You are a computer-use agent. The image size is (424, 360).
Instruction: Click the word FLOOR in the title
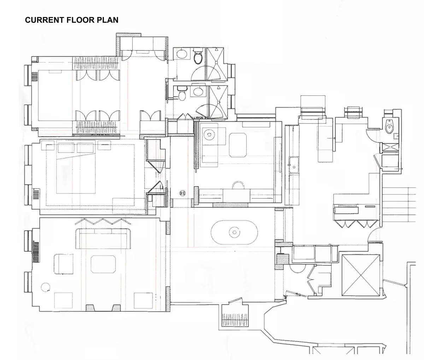[76, 20]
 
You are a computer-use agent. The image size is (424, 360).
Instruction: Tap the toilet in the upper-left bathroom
[197, 55]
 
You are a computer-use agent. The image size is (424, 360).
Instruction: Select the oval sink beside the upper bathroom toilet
[182, 54]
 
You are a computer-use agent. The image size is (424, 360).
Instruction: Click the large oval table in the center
[234, 232]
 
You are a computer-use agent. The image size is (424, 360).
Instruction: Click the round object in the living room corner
[45, 287]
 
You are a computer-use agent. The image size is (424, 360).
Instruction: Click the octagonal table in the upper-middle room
[240, 145]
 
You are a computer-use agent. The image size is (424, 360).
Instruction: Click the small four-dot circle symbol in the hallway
[183, 193]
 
